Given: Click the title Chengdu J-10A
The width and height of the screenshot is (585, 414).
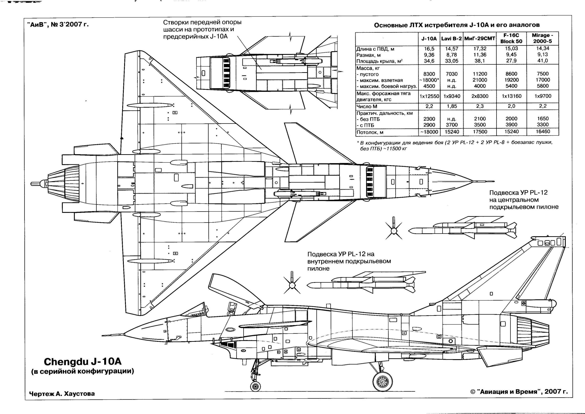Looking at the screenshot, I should [83, 362].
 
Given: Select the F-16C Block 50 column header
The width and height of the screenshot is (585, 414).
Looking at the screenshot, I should [511, 38].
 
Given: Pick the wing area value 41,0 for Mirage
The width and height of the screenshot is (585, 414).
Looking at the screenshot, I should [543, 61].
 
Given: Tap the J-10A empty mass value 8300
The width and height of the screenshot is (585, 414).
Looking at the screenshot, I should [429, 74].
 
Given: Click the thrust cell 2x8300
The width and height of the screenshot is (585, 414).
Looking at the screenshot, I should [480, 96].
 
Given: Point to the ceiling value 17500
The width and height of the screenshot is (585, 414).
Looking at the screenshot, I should [480, 132].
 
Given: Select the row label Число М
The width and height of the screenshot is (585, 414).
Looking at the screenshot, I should [367, 106].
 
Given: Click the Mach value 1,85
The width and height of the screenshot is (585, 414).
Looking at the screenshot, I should [452, 106].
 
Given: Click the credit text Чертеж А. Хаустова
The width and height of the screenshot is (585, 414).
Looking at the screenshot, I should [62, 394].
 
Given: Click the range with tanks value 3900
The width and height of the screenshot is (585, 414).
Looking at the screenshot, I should [511, 125].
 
